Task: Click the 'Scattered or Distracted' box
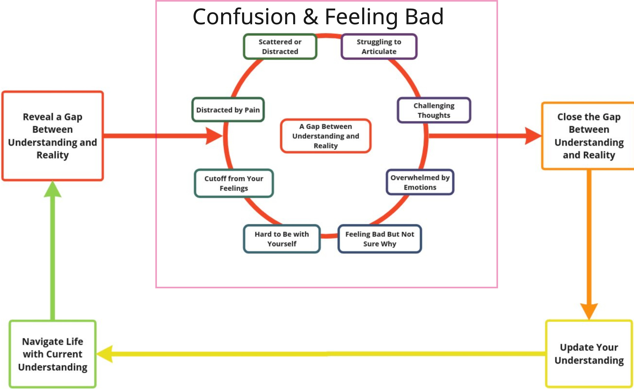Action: coord(280,47)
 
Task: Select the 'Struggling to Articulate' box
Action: coord(379,47)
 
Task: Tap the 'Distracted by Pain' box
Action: coord(228,110)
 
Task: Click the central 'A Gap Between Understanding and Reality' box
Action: coord(326,136)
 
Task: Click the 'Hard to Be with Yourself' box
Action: coord(282,239)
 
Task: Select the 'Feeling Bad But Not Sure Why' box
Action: coord(380,239)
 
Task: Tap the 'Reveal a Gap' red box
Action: coord(53,136)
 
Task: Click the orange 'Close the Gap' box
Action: coord(589,136)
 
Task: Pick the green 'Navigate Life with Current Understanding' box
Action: coord(53,354)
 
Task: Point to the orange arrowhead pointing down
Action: coord(589,311)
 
